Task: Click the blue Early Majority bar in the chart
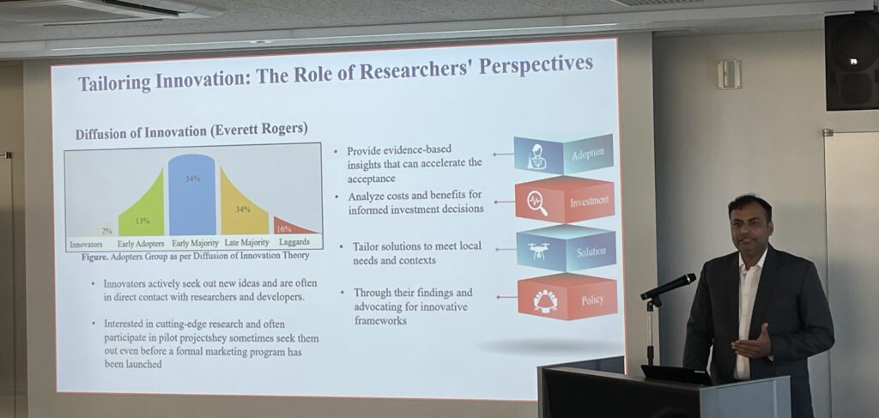(191, 195)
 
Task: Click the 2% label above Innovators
(106, 230)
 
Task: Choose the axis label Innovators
(86, 245)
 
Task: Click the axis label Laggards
(294, 242)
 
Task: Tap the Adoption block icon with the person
(537, 156)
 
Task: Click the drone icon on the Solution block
(538, 251)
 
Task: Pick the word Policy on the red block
(592, 300)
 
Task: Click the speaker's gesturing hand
(752, 344)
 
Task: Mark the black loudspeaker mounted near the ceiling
(852, 61)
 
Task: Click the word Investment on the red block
(589, 202)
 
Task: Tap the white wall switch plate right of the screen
(730, 74)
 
